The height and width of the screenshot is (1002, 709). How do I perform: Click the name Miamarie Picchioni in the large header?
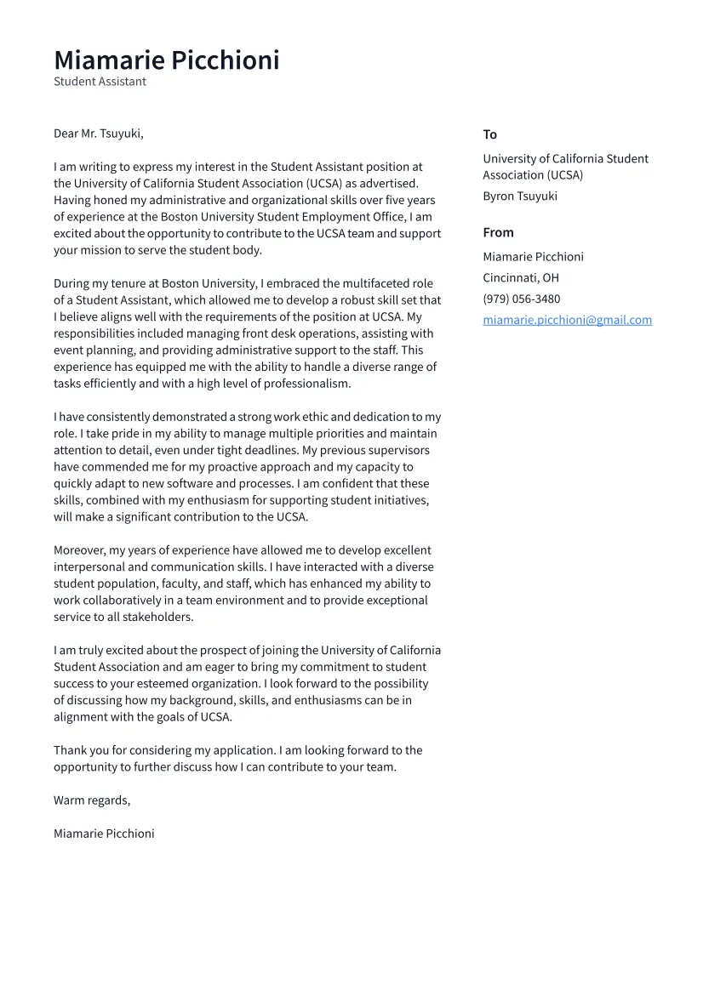tap(167, 60)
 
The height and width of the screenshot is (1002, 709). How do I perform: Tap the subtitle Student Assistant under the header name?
tap(100, 82)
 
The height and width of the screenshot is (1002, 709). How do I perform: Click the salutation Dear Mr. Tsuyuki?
tap(99, 134)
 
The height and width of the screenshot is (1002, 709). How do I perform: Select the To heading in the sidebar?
tap(489, 134)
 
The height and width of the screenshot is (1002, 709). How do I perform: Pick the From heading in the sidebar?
tap(498, 232)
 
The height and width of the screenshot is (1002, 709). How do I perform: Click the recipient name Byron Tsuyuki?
tap(520, 196)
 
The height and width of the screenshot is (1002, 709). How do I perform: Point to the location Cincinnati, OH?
tap(521, 277)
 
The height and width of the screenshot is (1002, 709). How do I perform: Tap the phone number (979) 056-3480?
tap(522, 299)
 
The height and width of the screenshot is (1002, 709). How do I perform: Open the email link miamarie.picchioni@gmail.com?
tap(567, 320)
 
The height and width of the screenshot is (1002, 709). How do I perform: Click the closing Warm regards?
tap(92, 800)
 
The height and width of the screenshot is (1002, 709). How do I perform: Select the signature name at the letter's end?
tap(104, 834)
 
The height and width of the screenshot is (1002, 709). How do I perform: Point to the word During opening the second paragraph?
tap(73, 283)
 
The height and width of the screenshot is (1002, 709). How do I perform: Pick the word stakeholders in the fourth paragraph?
tap(157, 617)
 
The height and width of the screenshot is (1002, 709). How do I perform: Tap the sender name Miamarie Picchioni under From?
tap(533, 257)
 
